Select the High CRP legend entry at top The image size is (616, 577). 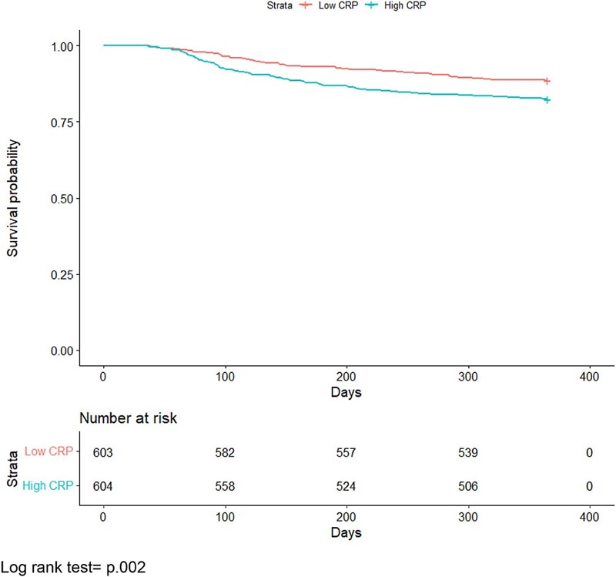pyautogui.click(x=386, y=6)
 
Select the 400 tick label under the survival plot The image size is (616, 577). pyautogui.click(x=590, y=377)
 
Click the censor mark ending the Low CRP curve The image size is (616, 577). pyautogui.click(x=547, y=80)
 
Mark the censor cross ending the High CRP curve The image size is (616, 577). pyautogui.click(x=547, y=99)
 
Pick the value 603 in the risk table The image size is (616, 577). pyautogui.click(x=103, y=452)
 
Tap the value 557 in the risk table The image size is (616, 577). pyautogui.click(x=346, y=452)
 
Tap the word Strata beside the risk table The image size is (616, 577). pyautogui.click(x=12, y=468)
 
